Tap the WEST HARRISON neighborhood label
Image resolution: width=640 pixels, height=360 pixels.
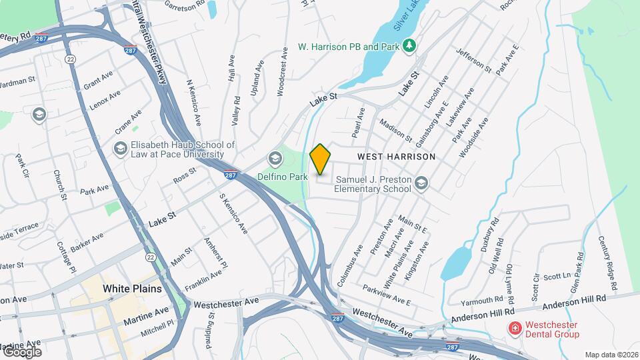coord(396,157)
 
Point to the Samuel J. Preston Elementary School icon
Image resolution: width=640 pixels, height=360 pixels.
coord(421,182)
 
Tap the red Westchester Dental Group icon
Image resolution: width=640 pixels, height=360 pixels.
coord(514,328)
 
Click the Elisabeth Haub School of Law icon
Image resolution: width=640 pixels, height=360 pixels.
coord(121,148)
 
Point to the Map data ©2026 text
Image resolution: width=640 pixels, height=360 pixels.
coord(611,355)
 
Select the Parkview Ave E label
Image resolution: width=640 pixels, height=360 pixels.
coord(387,295)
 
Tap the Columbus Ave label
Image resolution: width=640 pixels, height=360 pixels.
coord(350,265)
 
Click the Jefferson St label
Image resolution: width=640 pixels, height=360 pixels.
coord(473,59)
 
